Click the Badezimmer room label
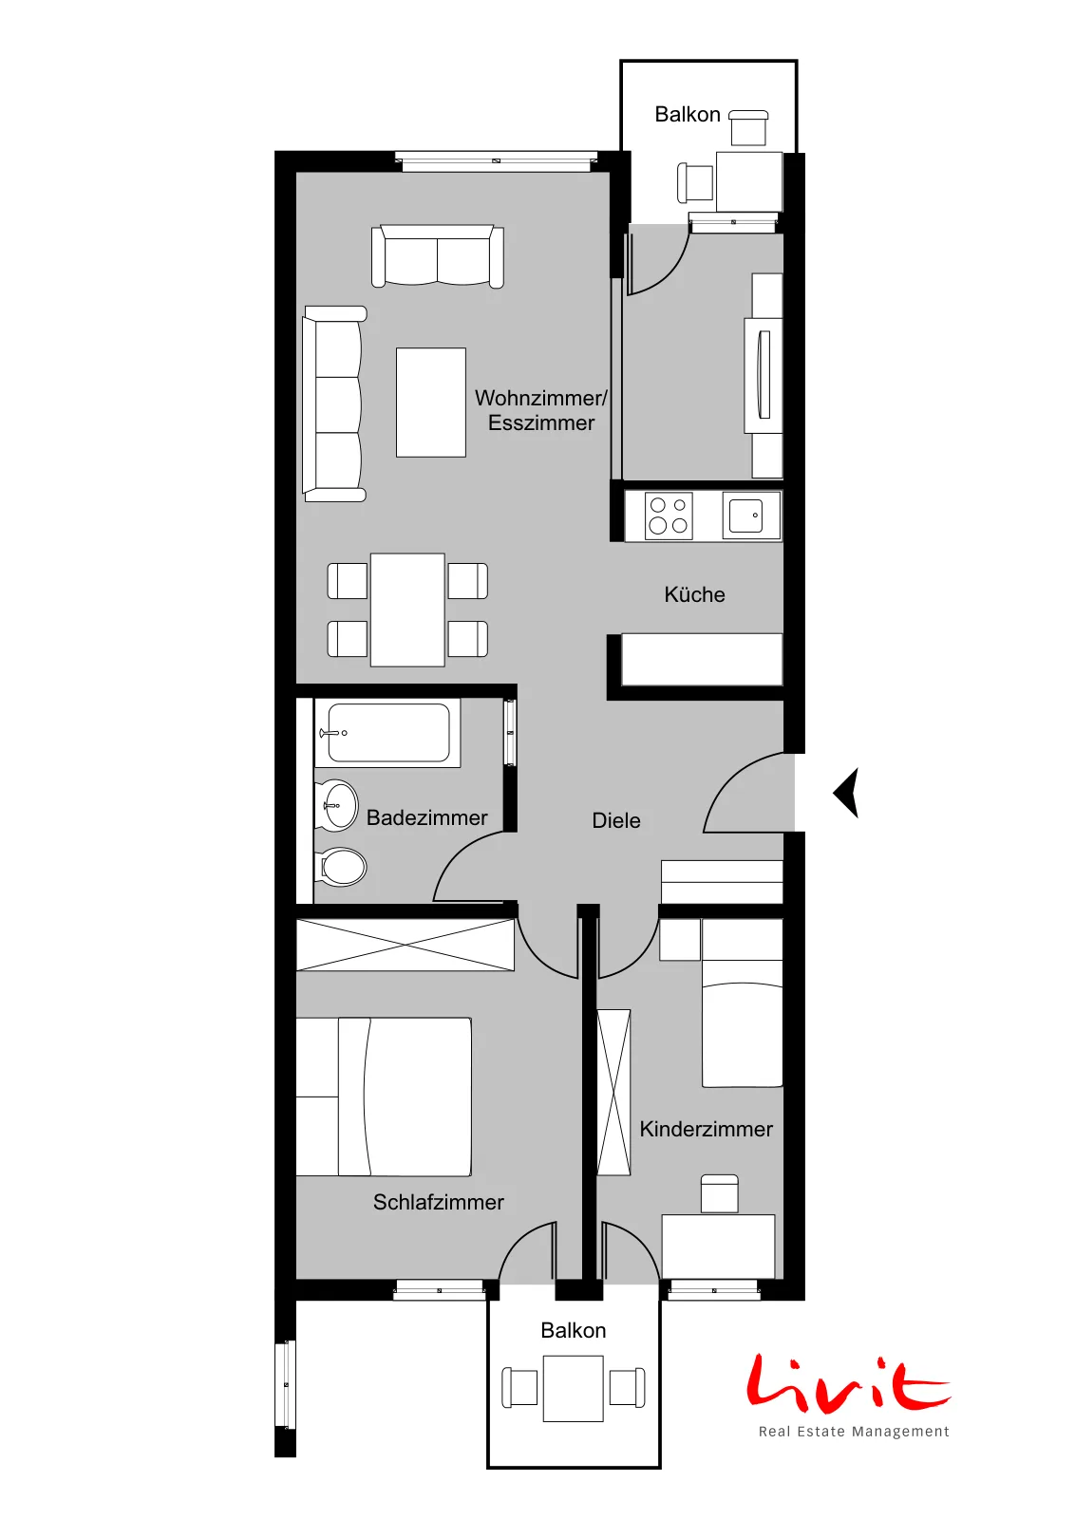click(426, 817)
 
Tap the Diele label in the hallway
click(615, 820)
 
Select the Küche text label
click(694, 594)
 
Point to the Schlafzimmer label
click(438, 1202)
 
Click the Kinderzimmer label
click(706, 1129)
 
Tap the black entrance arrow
click(846, 793)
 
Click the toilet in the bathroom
click(341, 867)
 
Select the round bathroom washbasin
click(336, 806)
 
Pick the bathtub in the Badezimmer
click(387, 733)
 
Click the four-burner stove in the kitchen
click(668, 516)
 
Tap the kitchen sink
click(751, 516)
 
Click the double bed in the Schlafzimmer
click(384, 1097)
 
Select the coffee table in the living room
click(431, 403)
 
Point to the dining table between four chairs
click(407, 609)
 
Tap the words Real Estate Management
click(854, 1432)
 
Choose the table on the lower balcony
click(573, 1389)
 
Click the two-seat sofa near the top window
click(438, 256)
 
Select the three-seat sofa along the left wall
click(334, 404)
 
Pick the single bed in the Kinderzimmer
click(742, 1003)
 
